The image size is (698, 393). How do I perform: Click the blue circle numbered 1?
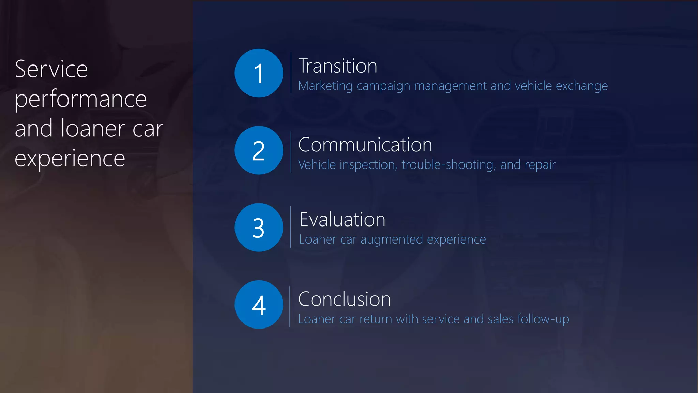tap(259, 73)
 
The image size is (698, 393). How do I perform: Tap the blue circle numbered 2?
tap(259, 150)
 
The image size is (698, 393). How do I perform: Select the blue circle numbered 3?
tap(259, 228)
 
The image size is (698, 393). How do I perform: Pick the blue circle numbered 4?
tap(259, 305)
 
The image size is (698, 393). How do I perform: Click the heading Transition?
tap(338, 66)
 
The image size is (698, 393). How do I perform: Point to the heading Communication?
tap(365, 145)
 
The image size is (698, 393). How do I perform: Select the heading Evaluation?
tap(342, 219)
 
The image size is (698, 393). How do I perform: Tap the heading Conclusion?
tap(344, 299)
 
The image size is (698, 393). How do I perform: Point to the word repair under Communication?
tap(540, 165)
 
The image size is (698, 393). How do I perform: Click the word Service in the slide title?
tap(51, 69)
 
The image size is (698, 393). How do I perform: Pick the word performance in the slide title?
tap(81, 100)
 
